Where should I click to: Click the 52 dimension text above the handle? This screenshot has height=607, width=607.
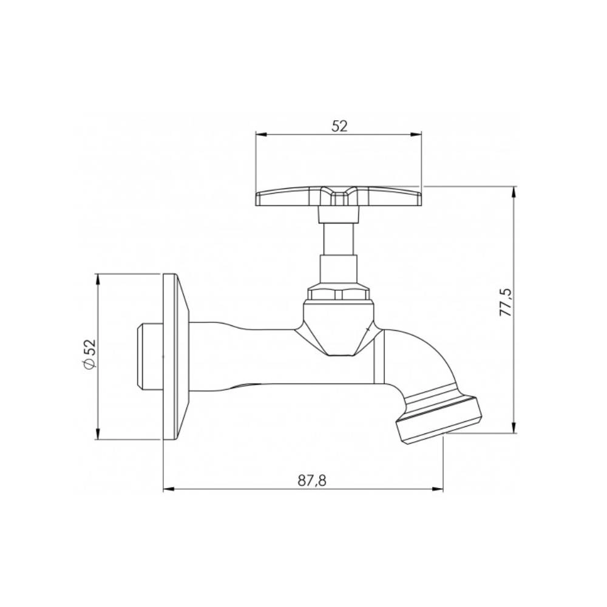pyautogui.click(x=339, y=126)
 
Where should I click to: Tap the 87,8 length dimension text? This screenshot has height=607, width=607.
pyautogui.click(x=313, y=480)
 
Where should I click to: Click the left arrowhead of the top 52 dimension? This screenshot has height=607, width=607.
pyautogui.click(x=259, y=135)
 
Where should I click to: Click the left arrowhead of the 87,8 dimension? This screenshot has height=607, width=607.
pyautogui.click(x=169, y=489)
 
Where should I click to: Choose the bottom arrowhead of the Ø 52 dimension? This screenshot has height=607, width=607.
pyautogui.click(x=98, y=435)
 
